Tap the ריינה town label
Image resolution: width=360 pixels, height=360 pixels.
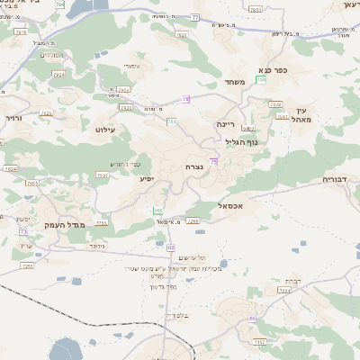pyautogui.click(x=225, y=123)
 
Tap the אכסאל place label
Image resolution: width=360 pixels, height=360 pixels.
pyautogui.click(x=232, y=206)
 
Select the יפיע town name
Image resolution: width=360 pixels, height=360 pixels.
pyautogui.click(x=146, y=178)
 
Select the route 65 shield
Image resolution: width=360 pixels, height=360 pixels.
pyautogui.click(x=252, y=319)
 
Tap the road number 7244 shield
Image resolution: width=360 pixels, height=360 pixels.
pyautogui.click(x=285, y=291)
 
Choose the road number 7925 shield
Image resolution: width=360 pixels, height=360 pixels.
pyautogui.click(x=123, y=90)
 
